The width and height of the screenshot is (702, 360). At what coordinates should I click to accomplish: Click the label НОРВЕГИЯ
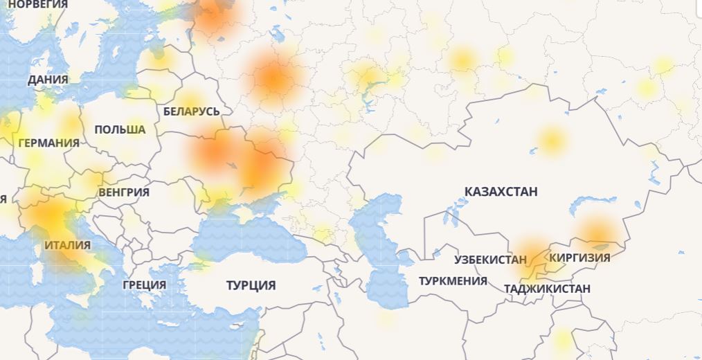[x=38, y=4]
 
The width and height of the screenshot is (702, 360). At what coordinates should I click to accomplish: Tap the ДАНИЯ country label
[x=48, y=80]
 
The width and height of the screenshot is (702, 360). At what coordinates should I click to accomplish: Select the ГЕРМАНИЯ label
[x=48, y=143]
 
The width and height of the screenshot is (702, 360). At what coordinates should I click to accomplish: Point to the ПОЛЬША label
[x=120, y=129]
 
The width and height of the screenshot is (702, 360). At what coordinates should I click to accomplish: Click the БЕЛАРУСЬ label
[x=192, y=111]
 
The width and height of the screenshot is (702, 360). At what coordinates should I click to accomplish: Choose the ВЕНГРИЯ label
[x=124, y=192]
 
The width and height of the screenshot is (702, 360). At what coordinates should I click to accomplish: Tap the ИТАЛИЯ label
[x=67, y=245]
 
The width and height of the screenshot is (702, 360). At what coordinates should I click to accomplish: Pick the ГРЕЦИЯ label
[x=144, y=285]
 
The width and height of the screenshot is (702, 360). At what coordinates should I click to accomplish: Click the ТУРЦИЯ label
[x=251, y=285]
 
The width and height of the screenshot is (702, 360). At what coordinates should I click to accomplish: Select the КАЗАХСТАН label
[x=501, y=192]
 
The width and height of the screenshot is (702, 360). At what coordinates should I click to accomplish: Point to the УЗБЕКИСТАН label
[x=490, y=260]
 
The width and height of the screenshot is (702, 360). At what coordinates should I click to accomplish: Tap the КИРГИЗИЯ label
[x=579, y=258]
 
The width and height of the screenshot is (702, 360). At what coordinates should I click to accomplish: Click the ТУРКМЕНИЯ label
[x=453, y=281]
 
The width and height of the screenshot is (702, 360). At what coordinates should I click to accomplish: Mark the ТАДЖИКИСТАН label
[x=547, y=289]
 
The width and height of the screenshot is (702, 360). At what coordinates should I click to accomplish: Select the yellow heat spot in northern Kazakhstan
[x=551, y=140]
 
